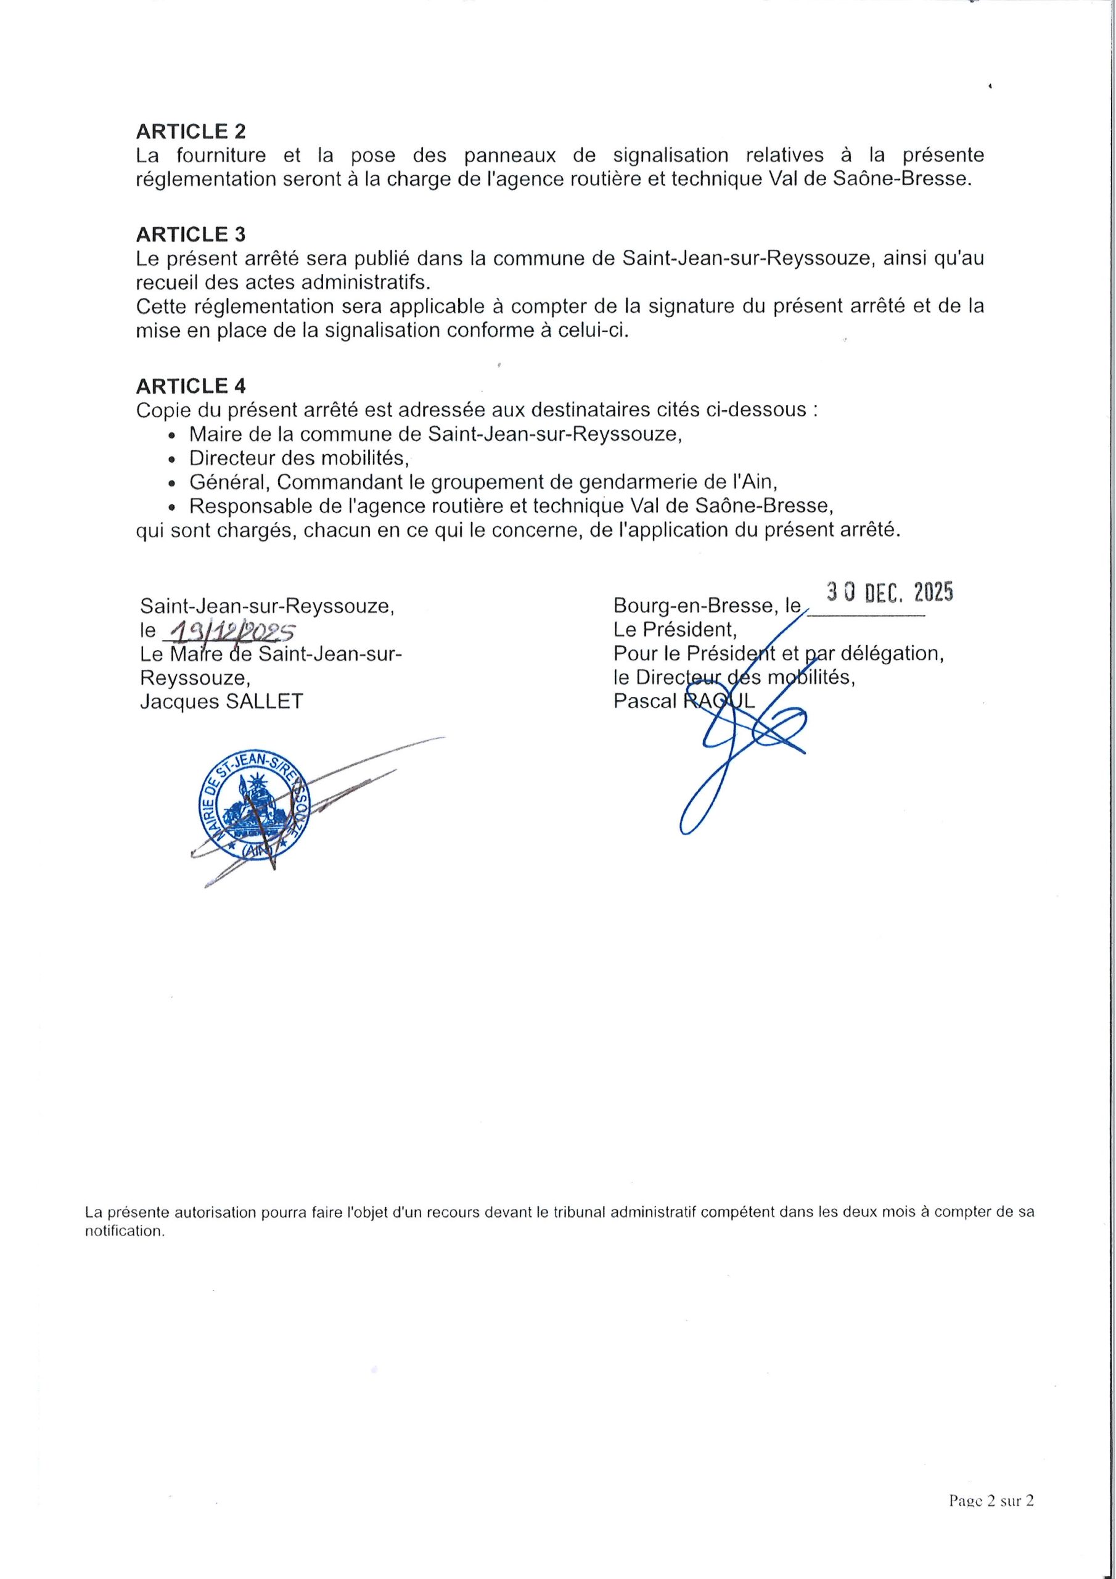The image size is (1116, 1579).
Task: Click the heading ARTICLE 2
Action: point(191,131)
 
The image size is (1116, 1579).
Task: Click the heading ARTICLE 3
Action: point(191,234)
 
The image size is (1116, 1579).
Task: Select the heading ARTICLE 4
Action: point(191,385)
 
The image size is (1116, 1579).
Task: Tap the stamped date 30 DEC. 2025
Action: point(890,592)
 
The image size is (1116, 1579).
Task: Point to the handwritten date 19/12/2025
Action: point(226,630)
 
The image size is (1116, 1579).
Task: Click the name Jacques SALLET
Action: point(221,701)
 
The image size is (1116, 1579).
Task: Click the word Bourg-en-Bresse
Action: point(688,606)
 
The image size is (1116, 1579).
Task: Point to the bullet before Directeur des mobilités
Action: point(172,459)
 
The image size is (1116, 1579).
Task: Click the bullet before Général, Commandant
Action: point(172,483)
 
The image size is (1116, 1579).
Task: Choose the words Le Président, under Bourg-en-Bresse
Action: point(675,629)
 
